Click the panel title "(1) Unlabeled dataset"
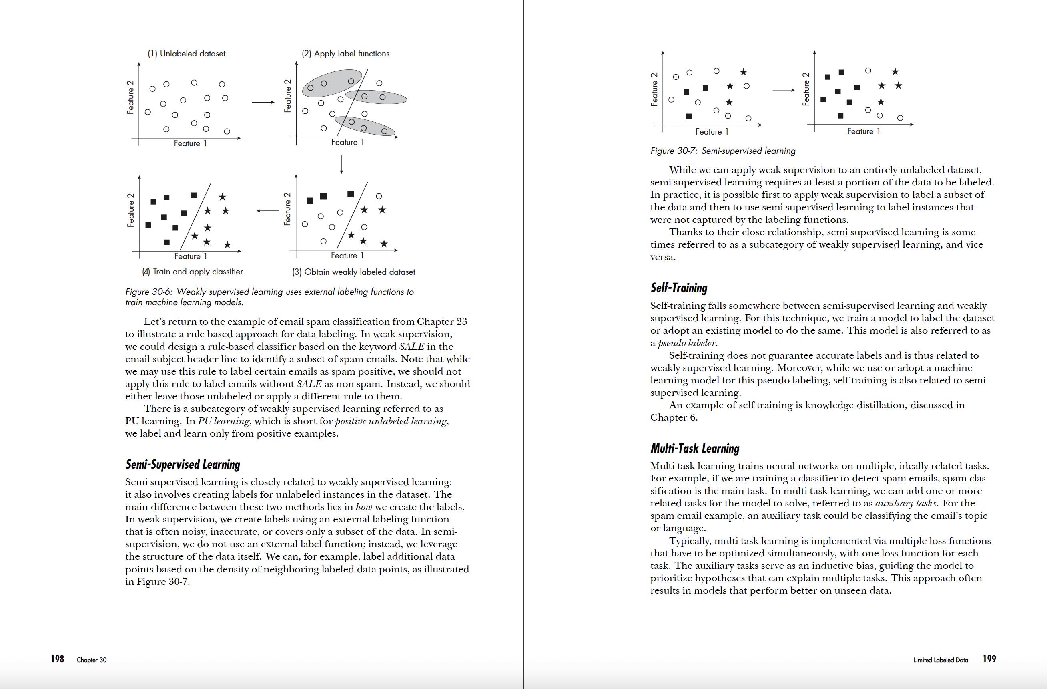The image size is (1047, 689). (187, 54)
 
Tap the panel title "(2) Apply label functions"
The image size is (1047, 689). (345, 54)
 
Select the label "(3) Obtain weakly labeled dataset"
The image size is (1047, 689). (353, 272)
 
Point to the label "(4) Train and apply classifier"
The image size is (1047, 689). (192, 272)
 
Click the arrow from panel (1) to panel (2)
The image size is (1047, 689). (263, 102)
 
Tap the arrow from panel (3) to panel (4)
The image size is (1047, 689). (267, 211)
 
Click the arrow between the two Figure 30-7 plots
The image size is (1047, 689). (783, 90)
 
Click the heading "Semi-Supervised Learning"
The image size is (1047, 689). (183, 464)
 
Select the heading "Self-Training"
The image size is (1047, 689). (679, 288)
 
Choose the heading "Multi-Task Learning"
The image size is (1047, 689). (695, 449)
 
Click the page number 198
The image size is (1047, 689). (57, 659)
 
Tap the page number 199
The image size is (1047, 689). (989, 659)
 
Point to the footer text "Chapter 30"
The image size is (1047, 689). (92, 659)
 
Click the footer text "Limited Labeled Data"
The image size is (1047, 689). (941, 659)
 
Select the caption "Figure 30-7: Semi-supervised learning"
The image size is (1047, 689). (723, 151)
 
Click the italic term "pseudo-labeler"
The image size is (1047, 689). (687, 343)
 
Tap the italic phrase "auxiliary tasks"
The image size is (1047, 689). (905, 503)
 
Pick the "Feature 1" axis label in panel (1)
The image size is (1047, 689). (190, 143)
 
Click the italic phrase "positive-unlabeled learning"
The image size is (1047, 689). (391, 421)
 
